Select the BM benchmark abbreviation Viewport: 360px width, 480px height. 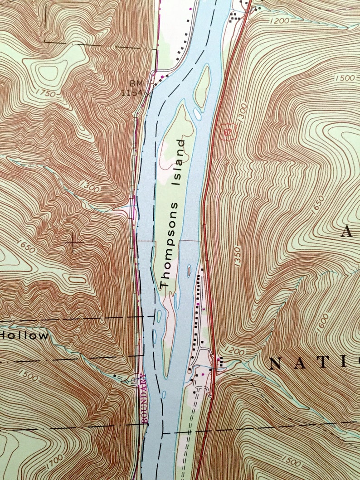tap(136, 83)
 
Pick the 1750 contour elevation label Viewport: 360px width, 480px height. tap(47, 94)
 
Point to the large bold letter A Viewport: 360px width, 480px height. tap(347, 232)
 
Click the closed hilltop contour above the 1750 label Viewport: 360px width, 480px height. tap(49, 72)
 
